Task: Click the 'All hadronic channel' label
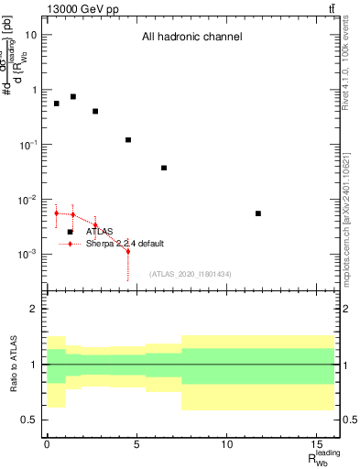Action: click(x=191, y=38)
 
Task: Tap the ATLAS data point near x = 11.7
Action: click(x=258, y=213)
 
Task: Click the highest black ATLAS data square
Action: click(x=73, y=96)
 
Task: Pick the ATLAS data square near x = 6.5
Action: click(x=164, y=168)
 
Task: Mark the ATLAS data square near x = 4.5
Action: click(x=128, y=140)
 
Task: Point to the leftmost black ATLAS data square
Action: click(x=56, y=104)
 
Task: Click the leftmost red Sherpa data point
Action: click(x=56, y=213)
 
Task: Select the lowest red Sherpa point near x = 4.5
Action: click(x=128, y=251)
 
